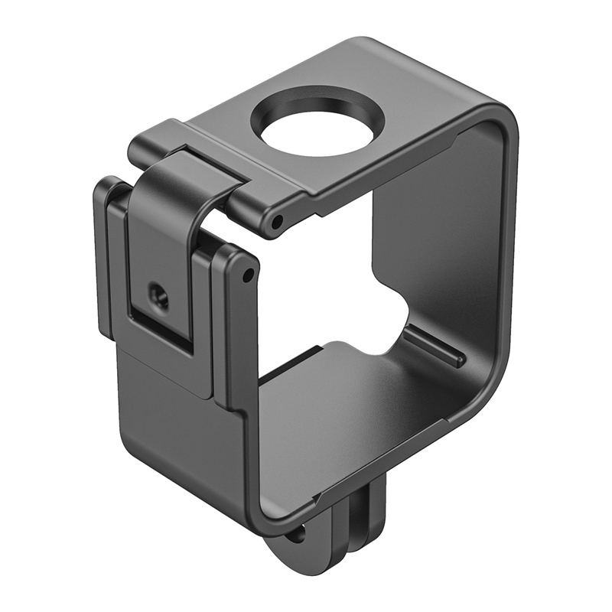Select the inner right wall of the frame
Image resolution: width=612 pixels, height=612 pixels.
[x=459, y=252]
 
